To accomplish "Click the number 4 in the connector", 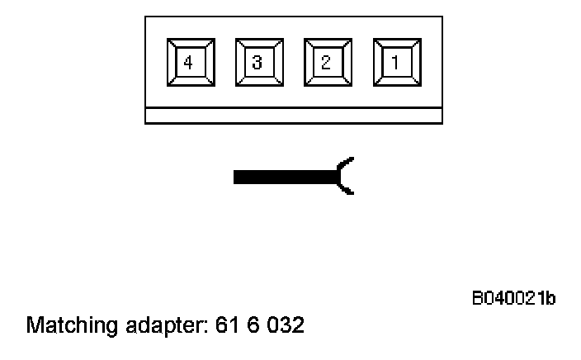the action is (189, 62).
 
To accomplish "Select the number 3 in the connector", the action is (258, 62).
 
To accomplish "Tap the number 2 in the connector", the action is (327, 62).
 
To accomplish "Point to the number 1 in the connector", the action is (396, 62).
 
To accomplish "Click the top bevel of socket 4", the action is (189, 43).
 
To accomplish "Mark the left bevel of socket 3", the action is (241, 62).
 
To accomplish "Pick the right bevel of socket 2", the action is (346, 62).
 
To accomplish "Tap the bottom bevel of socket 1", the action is (396, 81).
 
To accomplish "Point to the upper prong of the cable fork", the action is (347, 162).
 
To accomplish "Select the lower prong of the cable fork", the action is (347, 190).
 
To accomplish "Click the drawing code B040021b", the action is (513, 297).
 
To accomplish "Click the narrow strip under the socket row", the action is (293, 116).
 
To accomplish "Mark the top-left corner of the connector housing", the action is (146, 17).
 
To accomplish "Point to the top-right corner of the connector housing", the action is (442, 17).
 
